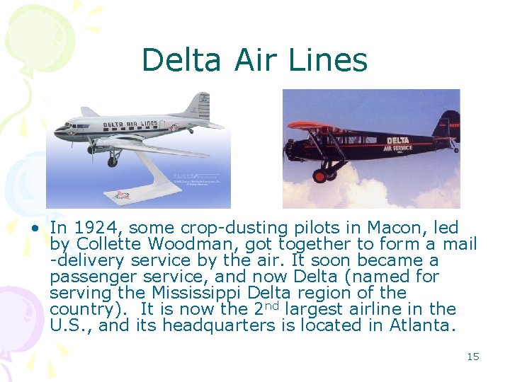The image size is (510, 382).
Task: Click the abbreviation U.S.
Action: point(67,325)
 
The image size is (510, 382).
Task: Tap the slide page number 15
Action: point(473,357)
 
